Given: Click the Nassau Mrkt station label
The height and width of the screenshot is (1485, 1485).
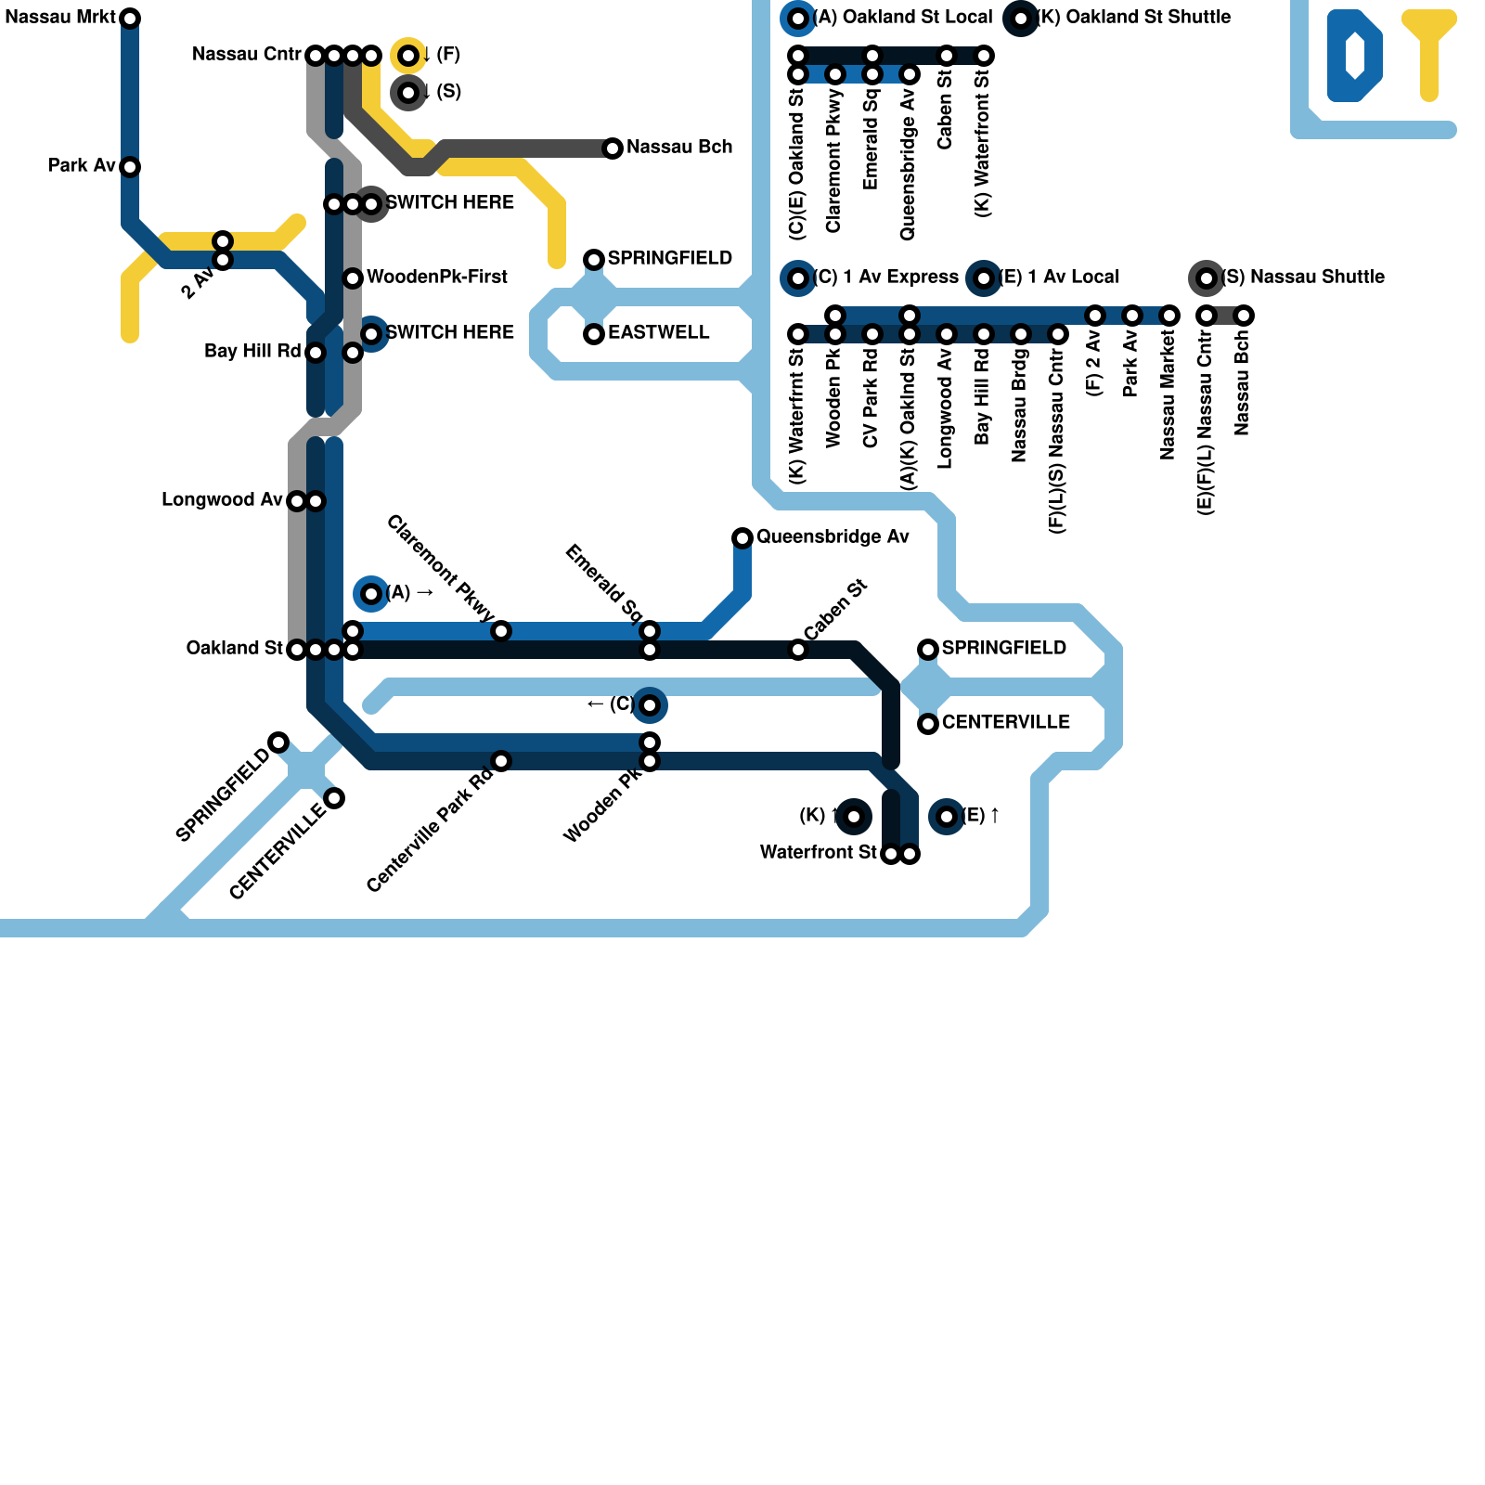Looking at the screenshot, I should click(60, 18).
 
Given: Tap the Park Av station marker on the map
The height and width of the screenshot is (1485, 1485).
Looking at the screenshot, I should click(130, 167).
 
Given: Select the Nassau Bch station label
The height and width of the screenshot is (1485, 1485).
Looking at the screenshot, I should click(678, 148).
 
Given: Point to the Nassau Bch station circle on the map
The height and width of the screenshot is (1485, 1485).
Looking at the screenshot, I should click(613, 148).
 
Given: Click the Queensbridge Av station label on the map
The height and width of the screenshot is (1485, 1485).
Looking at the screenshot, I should click(832, 537).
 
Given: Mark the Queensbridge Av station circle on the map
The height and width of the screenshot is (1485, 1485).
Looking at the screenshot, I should click(742, 538).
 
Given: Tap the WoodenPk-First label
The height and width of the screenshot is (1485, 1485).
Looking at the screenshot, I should click(436, 278).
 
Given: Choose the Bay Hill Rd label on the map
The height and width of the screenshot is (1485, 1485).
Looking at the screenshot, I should click(252, 352).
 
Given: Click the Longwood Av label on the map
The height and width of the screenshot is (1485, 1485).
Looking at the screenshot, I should click(222, 500).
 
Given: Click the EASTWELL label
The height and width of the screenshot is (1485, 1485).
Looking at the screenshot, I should click(658, 333).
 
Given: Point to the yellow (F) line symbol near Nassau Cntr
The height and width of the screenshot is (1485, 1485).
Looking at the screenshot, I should click(408, 56).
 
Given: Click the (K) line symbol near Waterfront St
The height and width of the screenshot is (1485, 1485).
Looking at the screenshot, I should click(854, 817).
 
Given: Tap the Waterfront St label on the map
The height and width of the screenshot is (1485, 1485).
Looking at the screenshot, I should click(818, 853).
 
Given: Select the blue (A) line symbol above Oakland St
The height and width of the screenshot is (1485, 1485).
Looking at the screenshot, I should click(371, 594).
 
